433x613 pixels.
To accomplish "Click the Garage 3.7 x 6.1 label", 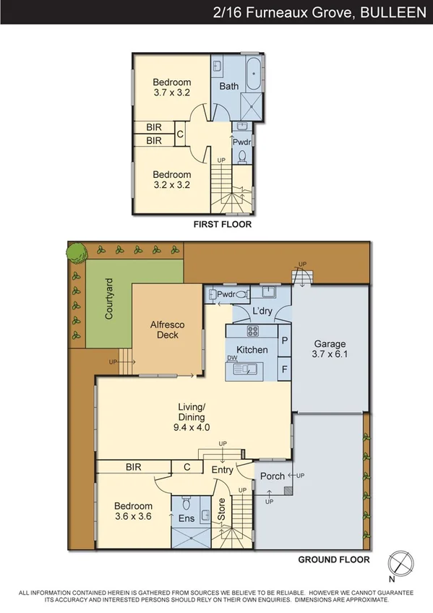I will tap(329, 349).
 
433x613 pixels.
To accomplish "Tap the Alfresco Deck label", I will tap(167, 330).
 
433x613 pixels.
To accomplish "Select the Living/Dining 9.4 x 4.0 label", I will tap(192, 417).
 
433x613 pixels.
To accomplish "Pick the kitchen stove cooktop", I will tap(254, 332).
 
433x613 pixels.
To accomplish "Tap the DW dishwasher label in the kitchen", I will tap(233, 358).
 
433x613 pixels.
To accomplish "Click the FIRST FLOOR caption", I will tap(222, 225).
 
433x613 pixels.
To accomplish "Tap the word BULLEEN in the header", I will tap(393, 12).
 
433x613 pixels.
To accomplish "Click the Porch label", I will tap(272, 476).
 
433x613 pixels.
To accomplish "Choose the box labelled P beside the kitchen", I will tap(284, 340).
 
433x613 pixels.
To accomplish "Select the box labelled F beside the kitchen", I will tap(284, 369).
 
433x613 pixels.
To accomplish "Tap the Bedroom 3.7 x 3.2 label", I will tap(172, 87).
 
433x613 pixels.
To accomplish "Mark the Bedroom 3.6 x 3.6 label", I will tap(133, 511).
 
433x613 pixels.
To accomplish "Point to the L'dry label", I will tap(262, 312).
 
